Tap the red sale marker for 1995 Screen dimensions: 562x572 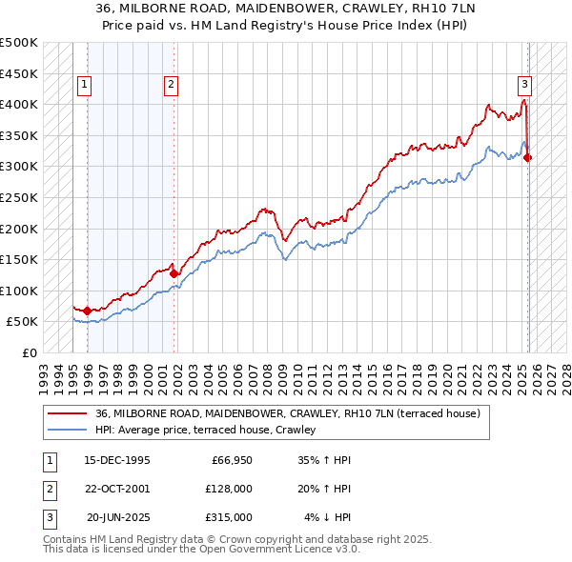(88, 311)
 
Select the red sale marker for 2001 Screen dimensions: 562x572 (174, 272)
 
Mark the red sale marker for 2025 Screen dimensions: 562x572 (528, 157)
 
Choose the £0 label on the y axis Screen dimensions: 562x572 (30, 352)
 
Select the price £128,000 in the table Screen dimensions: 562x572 (228, 489)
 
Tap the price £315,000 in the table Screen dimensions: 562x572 (228, 517)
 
